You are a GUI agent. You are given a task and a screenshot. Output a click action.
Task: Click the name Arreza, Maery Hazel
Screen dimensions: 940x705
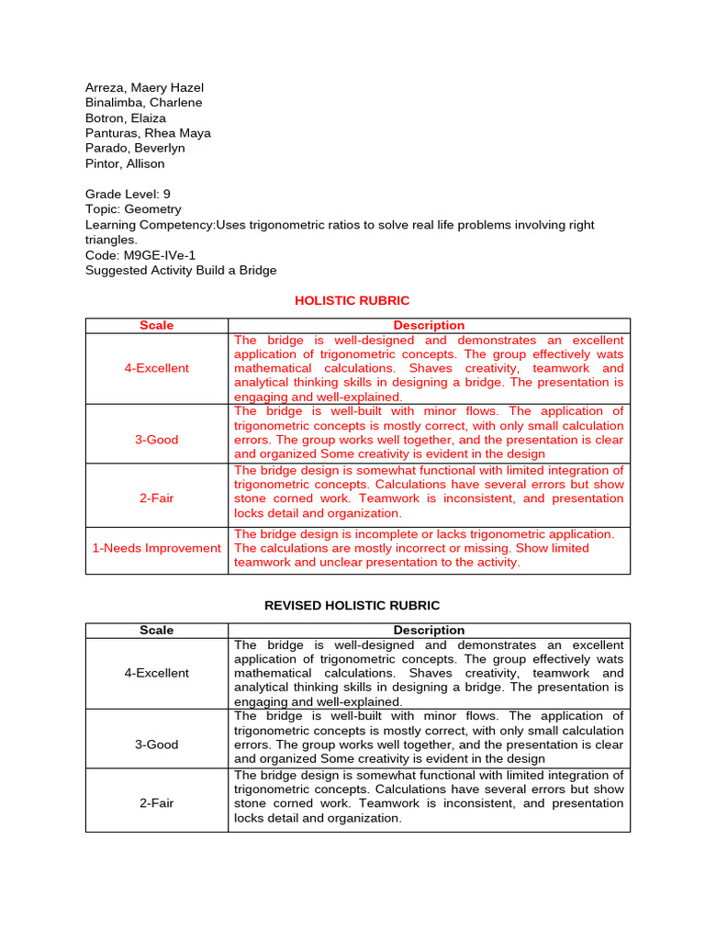click(x=143, y=87)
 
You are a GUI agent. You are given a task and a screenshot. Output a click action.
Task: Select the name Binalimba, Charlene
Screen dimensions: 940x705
click(x=143, y=103)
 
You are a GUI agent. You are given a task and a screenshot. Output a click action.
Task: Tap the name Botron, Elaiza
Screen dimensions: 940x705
click(x=126, y=117)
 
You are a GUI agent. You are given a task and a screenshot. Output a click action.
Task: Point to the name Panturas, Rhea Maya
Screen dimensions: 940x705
click(x=148, y=133)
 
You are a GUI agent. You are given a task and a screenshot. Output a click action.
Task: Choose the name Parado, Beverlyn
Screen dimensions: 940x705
click(x=135, y=148)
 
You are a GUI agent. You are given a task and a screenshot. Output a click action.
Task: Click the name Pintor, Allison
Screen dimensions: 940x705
click(x=125, y=163)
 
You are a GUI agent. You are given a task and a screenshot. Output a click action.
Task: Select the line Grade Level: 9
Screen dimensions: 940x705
click(x=128, y=194)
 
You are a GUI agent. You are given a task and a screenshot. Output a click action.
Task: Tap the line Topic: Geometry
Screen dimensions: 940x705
click(x=133, y=209)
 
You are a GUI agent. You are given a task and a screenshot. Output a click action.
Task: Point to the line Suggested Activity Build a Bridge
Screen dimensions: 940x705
click(x=181, y=270)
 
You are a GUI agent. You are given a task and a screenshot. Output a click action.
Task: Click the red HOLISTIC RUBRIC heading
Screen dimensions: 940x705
click(x=352, y=300)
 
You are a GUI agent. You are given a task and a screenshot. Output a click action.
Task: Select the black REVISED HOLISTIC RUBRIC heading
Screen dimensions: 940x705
click(x=352, y=605)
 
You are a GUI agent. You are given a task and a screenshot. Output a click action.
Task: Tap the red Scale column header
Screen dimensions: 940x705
click(x=156, y=325)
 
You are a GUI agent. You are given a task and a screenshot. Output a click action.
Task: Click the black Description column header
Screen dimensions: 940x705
click(x=429, y=630)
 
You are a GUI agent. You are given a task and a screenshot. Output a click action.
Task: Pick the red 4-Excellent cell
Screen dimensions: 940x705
click(x=156, y=368)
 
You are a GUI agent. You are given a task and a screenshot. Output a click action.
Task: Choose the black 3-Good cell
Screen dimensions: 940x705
click(x=156, y=744)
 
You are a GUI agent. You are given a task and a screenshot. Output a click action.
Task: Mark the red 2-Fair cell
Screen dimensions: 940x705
click(x=156, y=498)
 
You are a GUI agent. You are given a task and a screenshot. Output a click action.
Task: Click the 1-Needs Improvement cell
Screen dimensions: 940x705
click(x=156, y=548)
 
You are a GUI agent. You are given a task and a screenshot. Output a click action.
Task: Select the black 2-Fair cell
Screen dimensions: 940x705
click(x=156, y=803)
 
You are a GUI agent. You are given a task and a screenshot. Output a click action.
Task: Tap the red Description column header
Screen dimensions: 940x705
click(x=429, y=325)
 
